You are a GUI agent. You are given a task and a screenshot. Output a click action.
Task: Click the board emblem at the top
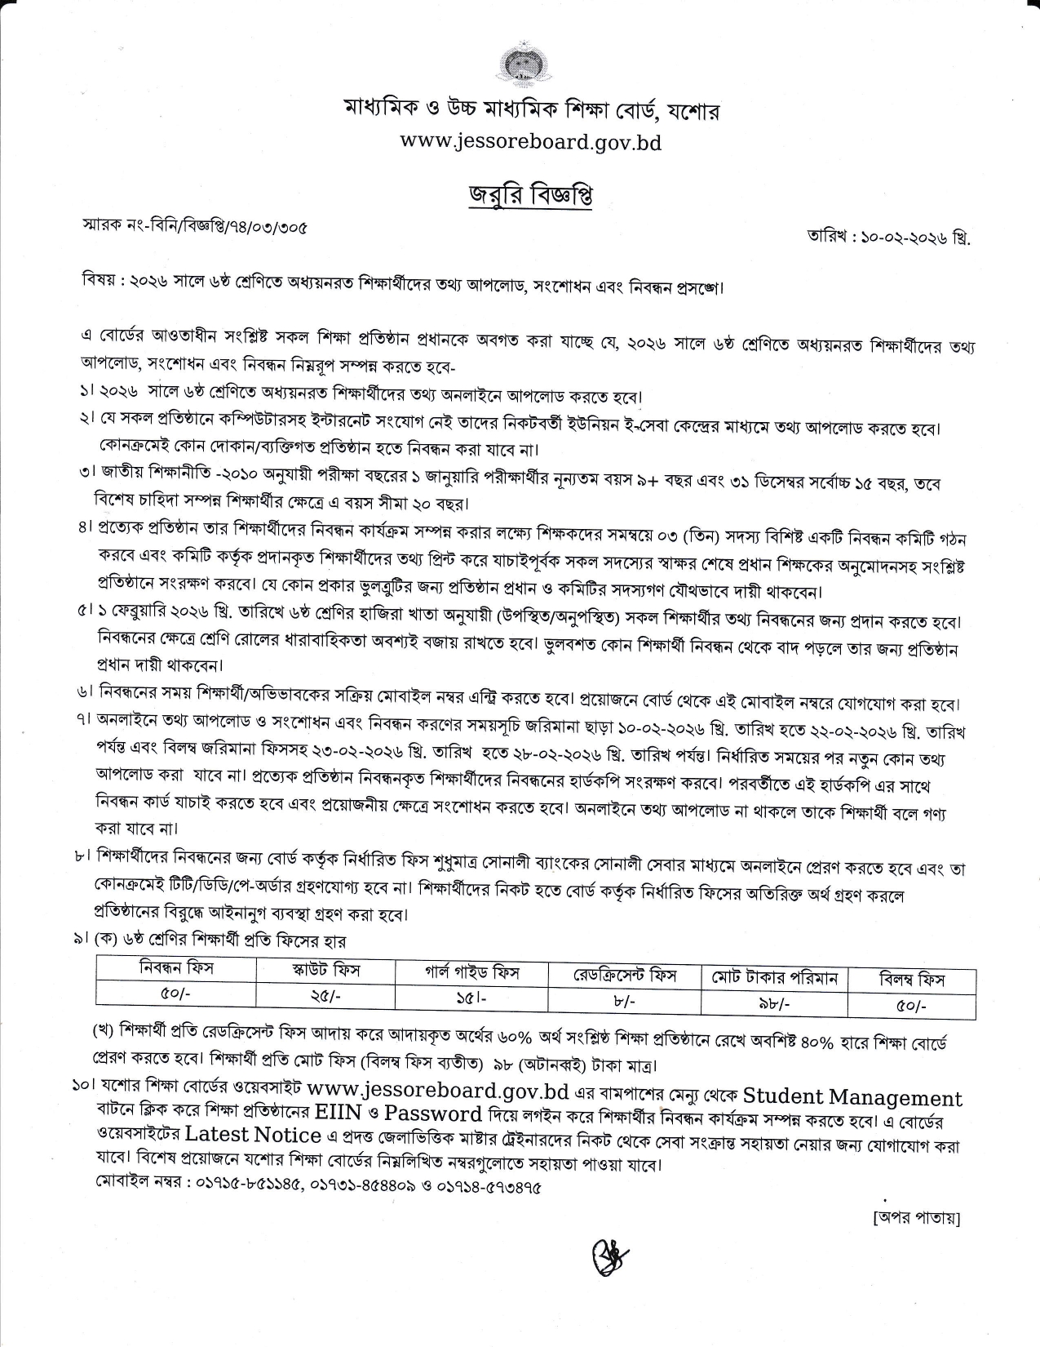click(x=520, y=66)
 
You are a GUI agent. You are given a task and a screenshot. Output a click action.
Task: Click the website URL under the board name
click(x=530, y=142)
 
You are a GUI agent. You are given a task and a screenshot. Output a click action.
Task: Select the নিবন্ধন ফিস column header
click(x=176, y=969)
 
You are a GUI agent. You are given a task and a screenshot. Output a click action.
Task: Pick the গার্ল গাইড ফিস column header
click(x=472, y=972)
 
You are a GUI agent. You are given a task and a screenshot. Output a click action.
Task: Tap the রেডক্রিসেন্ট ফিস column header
click(x=625, y=975)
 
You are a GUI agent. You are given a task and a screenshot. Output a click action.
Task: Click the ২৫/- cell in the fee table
click(x=325, y=994)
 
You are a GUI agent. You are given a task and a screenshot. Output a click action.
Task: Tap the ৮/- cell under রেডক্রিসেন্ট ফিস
click(x=625, y=1000)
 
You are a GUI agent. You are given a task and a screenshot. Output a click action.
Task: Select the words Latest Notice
click(x=252, y=1135)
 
